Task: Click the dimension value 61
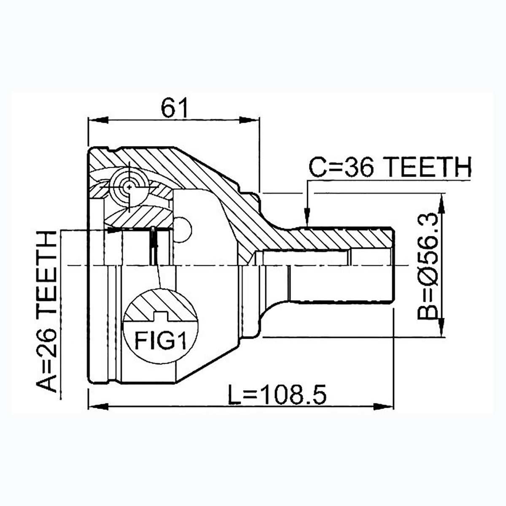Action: coord(174,108)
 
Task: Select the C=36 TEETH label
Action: coord(390,167)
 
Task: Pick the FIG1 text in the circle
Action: coord(160,340)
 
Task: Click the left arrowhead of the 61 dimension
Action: coord(99,120)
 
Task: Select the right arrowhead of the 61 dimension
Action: coord(249,120)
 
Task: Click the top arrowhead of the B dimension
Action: coord(441,204)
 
